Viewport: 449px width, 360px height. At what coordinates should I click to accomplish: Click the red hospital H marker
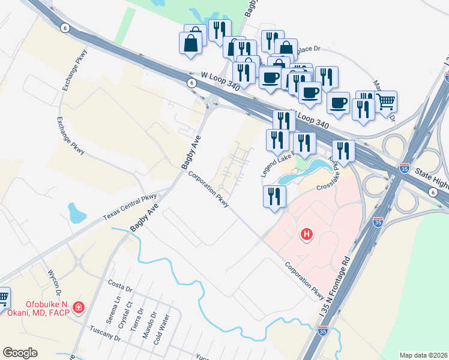(x=307, y=234)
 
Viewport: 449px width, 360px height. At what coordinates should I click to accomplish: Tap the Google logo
(x=20, y=353)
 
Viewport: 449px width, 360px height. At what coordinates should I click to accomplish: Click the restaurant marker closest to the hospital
(x=274, y=197)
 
